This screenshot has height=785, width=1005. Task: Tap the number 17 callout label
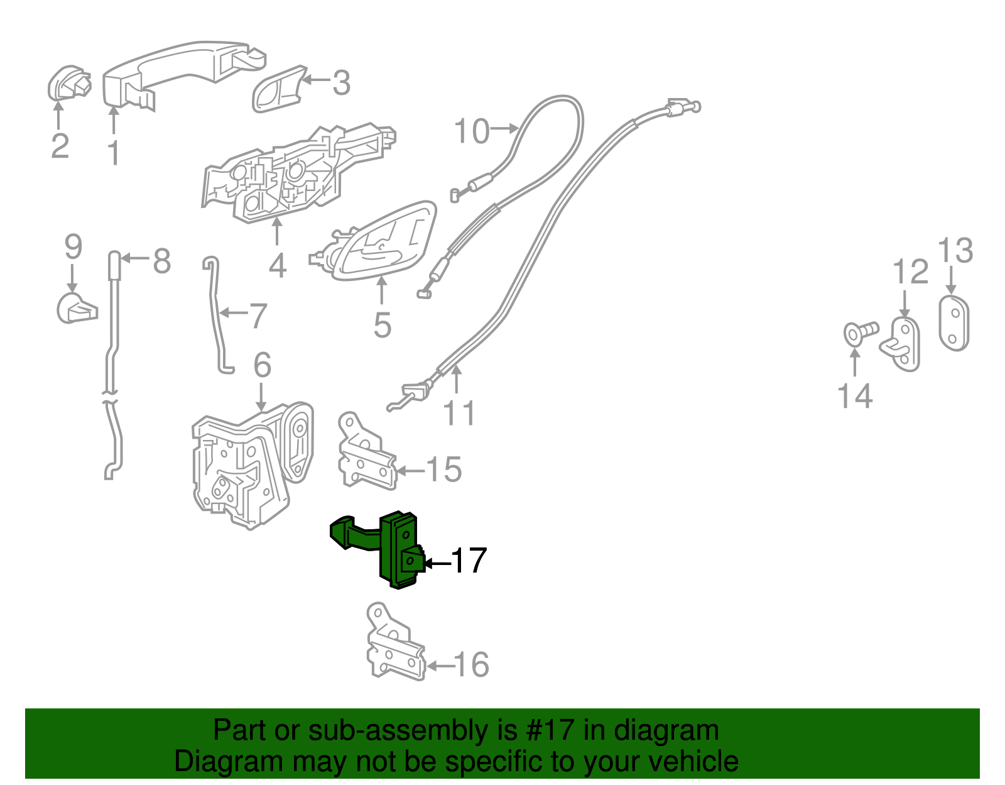coord(468,561)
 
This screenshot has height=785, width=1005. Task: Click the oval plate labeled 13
coord(953,323)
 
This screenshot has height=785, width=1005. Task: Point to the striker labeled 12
coord(905,344)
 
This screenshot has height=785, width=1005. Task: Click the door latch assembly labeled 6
coord(248,465)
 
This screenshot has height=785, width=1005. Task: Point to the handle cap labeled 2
coord(67,84)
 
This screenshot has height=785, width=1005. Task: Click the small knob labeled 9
coord(75,307)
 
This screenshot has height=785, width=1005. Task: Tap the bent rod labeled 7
coord(215,314)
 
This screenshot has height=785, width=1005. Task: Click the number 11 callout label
coord(459,413)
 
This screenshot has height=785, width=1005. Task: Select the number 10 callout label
coord(471,131)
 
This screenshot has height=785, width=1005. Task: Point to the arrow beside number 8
coord(135,258)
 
